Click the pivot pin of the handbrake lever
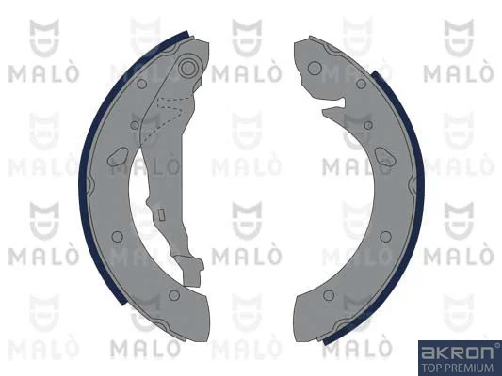(187, 68)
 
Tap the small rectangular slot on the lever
(162, 214)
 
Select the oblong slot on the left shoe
(119, 157)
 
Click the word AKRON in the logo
(457, 352)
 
